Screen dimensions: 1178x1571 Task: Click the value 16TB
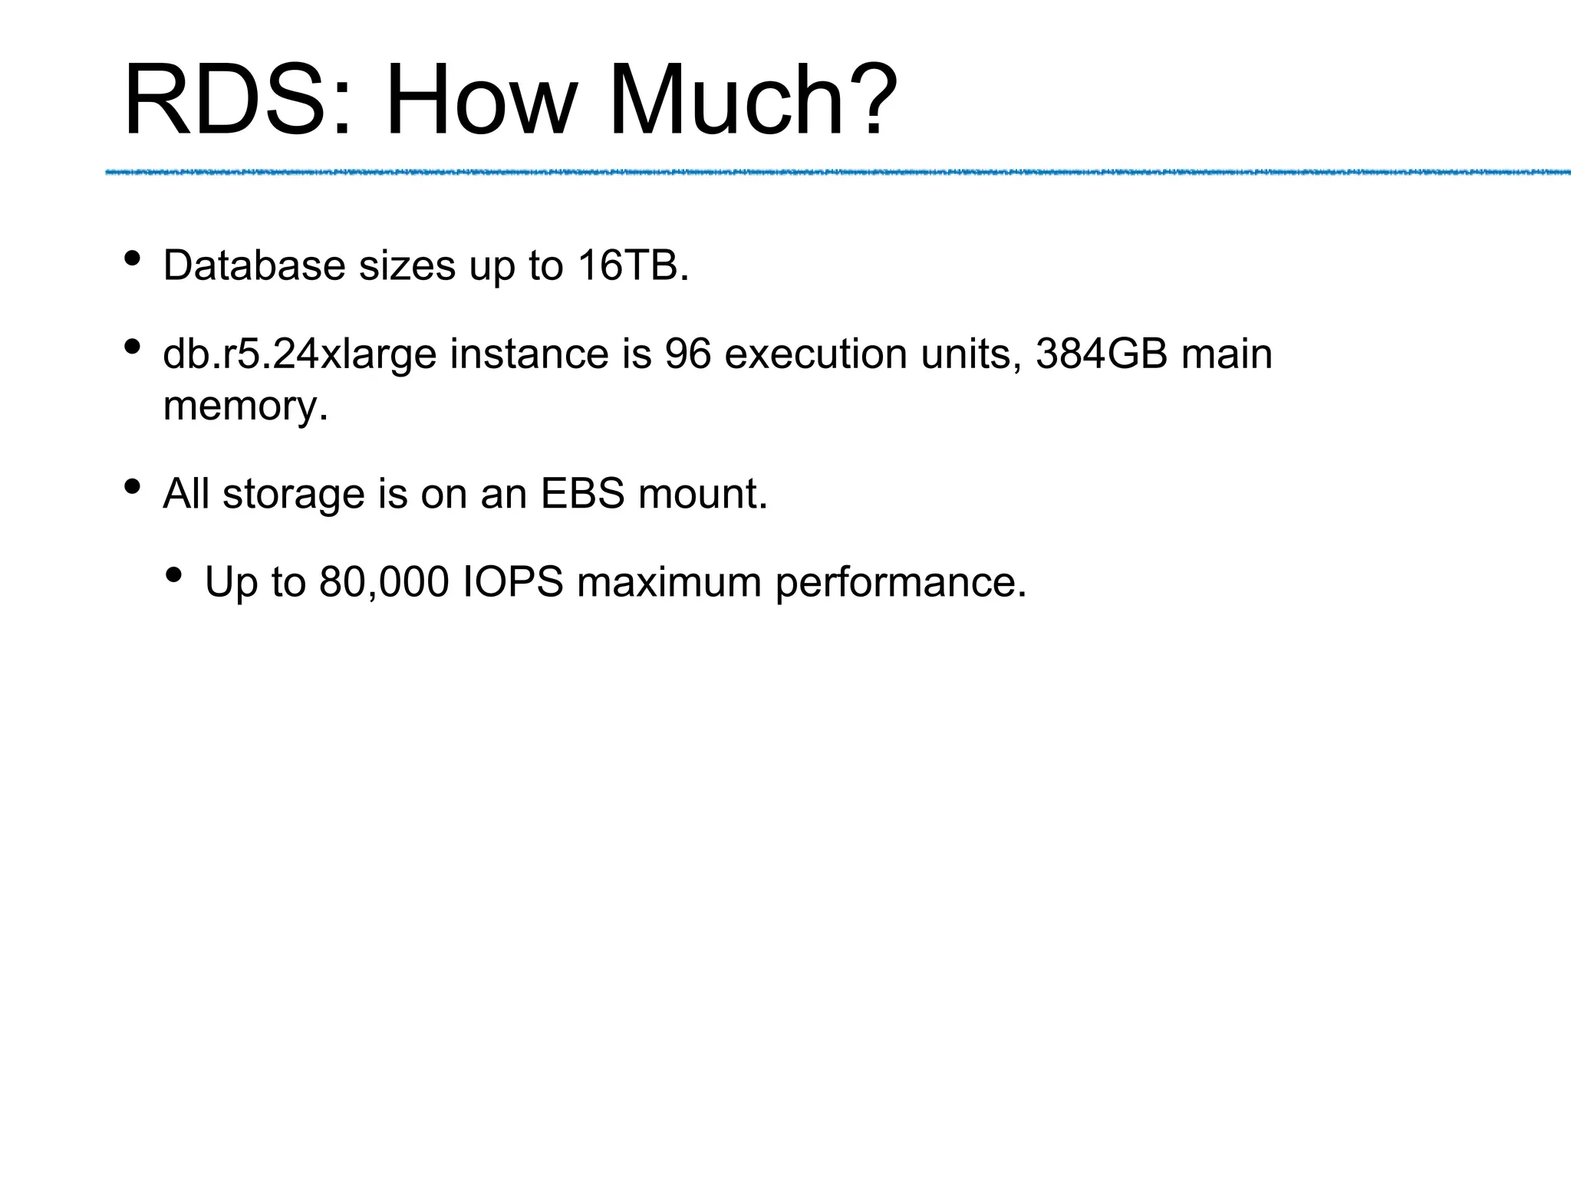point(633,266)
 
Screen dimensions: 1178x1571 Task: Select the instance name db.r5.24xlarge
point(300,355)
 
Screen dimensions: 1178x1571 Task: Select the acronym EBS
point(582,494)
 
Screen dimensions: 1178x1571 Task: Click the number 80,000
point(384,583)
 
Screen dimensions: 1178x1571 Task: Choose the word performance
point(901,583)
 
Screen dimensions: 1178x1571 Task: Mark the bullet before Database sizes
point(132,258)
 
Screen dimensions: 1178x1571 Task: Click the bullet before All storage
point(132,486)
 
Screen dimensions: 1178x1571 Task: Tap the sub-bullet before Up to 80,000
point(174,574)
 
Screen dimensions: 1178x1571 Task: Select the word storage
point(293,494)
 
